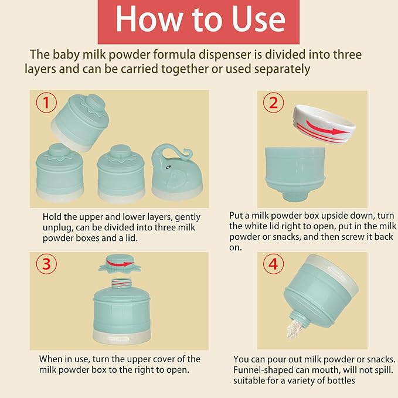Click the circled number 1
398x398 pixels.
click(x=46, y=103)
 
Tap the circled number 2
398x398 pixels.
click(x=273, y=103)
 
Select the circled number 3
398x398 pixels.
click(x=46, y=264)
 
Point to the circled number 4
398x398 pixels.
click(x=273, y=264)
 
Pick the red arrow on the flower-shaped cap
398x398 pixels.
click(x=120, y=264)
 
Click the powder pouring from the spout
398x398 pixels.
click(x=294, y=328)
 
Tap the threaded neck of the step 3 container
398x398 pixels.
click(x=122, y=283)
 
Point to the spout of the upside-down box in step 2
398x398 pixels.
click(x=295, y=197)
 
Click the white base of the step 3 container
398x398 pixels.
click(x=122, y=336)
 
